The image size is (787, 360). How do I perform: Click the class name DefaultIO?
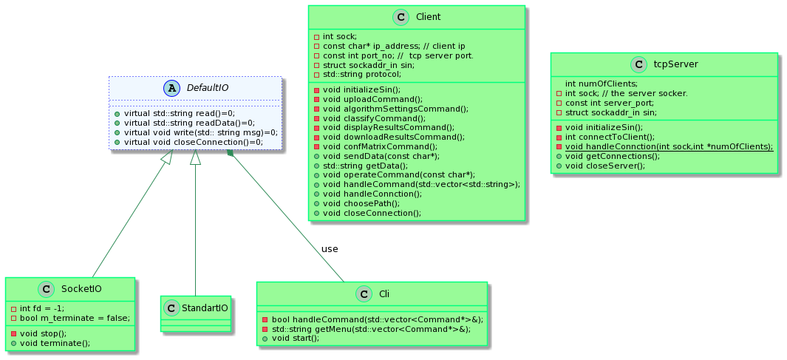(x=207, y=88)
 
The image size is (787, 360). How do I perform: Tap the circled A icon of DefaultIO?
(x=174, y=88)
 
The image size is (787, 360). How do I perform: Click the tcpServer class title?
(x=675, y=64)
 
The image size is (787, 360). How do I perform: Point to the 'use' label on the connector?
(x=330, y=248)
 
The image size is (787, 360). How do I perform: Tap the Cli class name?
(x=384, y=293)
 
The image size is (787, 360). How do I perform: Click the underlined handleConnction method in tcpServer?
(x=668, y=146)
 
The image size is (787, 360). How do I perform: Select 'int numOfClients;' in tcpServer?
(x=601, y=84)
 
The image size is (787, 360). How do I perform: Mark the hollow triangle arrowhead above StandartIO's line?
(x=196, y=157)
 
